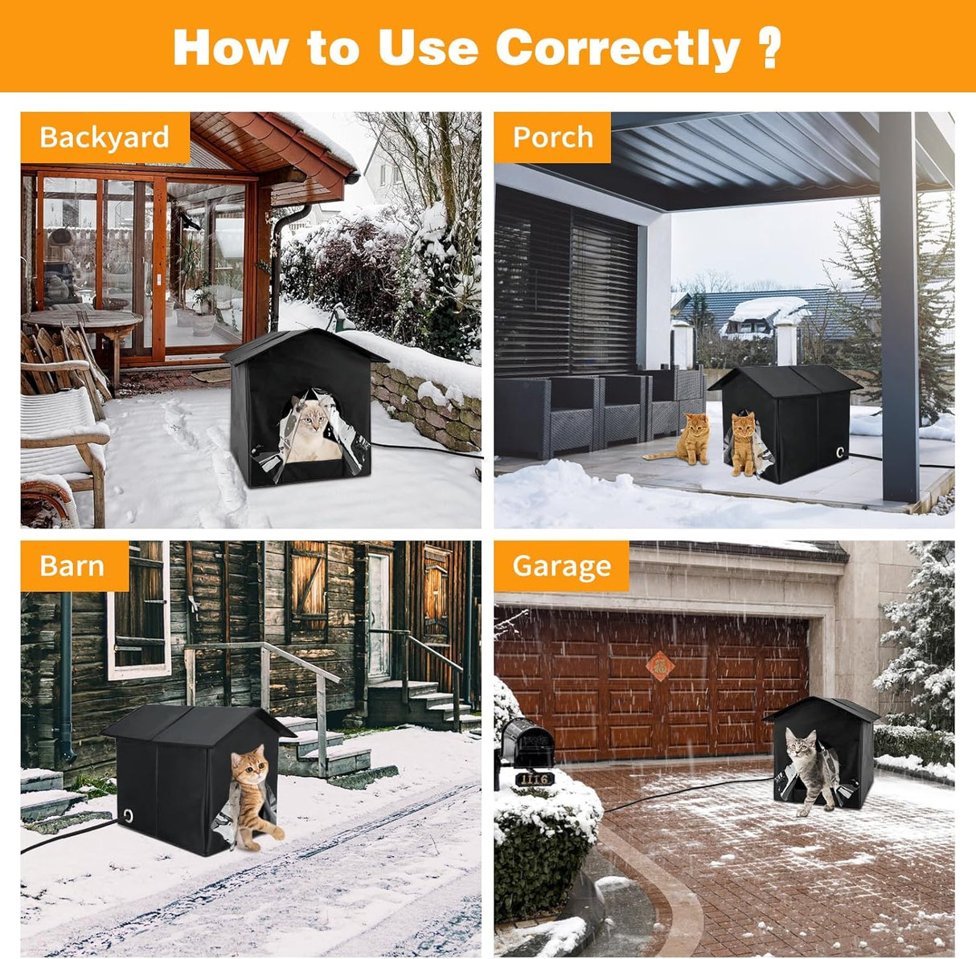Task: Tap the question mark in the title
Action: [x=770, y=48]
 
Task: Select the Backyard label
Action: [x=105, y=137]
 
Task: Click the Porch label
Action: [x=552, y=137]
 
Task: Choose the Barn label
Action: [x=72, y=565]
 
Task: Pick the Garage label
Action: [x=562, y=565]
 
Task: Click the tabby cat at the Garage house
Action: [x=810, y=771]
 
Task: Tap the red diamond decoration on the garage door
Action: [x=660, y=667]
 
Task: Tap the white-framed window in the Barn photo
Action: [x=138, y=611]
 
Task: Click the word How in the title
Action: [x=231, y=48]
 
